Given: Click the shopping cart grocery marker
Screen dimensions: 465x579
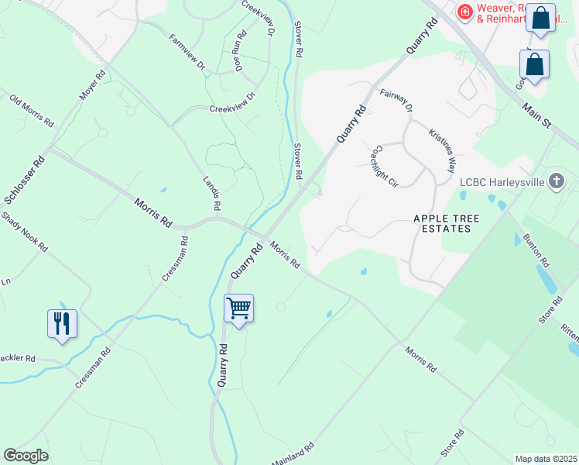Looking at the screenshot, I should (239, 308).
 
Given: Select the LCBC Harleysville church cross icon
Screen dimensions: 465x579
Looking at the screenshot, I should (555, 182).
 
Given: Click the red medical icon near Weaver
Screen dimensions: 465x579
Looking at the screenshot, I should (464, 12).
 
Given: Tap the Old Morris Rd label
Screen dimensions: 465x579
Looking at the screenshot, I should (32, 111).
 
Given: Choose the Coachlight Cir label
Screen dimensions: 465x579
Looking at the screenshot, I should (385, 166).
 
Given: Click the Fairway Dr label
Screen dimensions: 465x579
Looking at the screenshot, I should (396, 99).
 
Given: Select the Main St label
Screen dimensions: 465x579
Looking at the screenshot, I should (535, 116).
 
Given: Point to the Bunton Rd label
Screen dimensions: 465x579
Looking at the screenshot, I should (536, 249).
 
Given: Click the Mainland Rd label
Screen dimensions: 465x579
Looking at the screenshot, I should (293, 453).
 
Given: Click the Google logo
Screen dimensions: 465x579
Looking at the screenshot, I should (26, 456).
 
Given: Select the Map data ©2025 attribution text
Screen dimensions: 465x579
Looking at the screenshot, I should (546, 459).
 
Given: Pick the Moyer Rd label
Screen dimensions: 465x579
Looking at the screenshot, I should (91, 87).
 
